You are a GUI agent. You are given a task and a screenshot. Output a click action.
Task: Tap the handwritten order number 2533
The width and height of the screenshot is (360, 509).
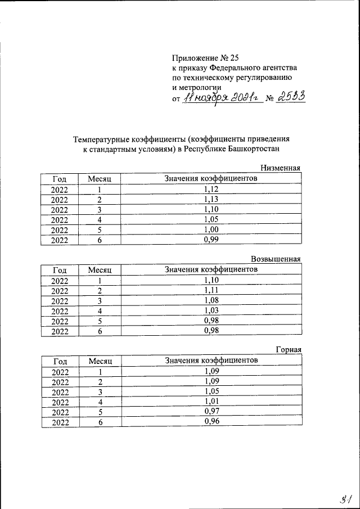point(292,97)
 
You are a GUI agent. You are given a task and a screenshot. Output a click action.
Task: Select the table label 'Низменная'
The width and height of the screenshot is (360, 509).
point(281,168)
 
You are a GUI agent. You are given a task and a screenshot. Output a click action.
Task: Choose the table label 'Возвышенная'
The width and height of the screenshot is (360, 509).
point(276,259)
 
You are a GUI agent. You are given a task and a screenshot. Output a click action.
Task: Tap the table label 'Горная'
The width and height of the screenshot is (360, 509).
point(289,350)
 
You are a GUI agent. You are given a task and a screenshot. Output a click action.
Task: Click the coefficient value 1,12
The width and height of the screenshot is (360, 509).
point(211,189)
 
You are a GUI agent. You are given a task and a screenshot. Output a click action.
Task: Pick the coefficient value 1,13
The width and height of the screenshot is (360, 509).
point(211,199)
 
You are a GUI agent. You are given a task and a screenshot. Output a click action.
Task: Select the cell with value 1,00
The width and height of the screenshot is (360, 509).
point(211,229)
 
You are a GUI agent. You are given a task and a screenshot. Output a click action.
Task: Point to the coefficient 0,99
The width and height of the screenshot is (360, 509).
point(211,240)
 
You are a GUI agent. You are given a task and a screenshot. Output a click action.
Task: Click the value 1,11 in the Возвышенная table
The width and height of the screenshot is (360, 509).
point(211,290)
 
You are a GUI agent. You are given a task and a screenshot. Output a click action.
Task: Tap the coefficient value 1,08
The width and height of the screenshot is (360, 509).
point(211,300)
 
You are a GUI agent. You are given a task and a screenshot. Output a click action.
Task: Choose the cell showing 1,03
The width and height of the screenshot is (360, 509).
point(211,310)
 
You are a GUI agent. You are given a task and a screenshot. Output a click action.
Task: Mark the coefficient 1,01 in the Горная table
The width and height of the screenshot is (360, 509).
point(211,402)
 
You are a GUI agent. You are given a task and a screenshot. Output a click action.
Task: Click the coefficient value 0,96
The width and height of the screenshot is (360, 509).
point(211,422)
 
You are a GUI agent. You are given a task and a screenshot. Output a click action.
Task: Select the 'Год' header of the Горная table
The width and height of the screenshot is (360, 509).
point(60,361)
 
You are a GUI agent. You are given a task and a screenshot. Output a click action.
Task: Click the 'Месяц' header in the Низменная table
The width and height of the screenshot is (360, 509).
point(100,178)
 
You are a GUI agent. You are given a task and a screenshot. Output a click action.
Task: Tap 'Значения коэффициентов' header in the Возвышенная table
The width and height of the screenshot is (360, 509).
point(211,269)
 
